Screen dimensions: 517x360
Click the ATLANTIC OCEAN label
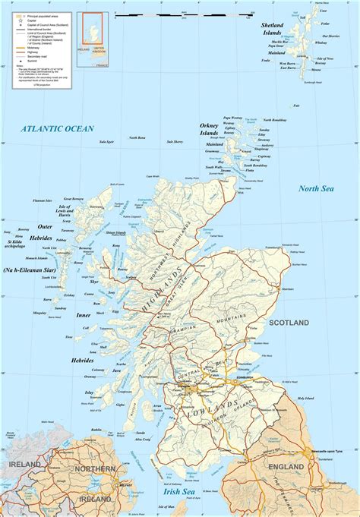(58, 129)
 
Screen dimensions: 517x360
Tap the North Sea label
(317, 188)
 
